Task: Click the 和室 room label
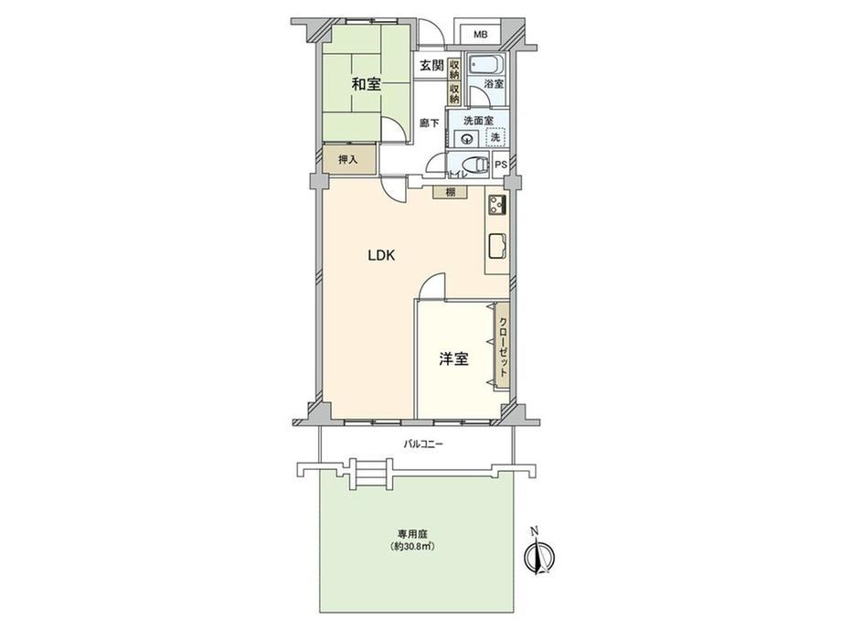[x=367, y=84]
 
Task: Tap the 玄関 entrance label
[x=431, y=66]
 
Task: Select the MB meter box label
[x=481, y=35]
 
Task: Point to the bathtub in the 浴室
[x=486, y=66]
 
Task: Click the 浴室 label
[x=494, y=84]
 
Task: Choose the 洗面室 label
[x=478, y=121]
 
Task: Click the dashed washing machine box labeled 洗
[x=495, y=137]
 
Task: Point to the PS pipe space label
[x=500, y=165]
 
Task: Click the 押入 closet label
[x=348, y=159]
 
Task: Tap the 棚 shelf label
[x=451, y=191]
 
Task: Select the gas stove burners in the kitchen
[x=497, y=205]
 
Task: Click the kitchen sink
[x=497, y=247]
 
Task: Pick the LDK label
[x=381, y=255]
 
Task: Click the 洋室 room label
[x=453, y=359]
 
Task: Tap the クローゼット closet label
[x=503, y=348]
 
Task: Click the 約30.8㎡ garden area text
[x=412, y=547]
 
